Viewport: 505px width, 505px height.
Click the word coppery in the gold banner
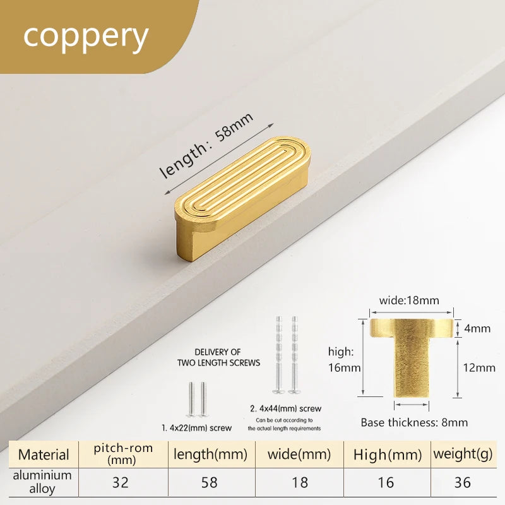click(x=86, y=37)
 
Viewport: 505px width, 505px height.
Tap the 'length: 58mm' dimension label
click(x=206, y=146)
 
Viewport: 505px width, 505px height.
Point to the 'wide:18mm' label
click(x=409, y=300)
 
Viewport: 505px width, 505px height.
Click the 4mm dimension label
click(x=477, y=328)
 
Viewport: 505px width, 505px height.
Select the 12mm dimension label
click(x=479, y=367)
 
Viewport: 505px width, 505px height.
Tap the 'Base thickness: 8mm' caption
click(x=414, y=422)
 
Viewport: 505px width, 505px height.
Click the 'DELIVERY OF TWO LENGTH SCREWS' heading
click(x=218, y=357)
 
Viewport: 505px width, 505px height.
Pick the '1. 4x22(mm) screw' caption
click(x=196, y=428)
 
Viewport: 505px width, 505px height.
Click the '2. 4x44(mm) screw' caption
click(x=286, y=408)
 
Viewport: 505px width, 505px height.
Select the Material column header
click(x=44, y=454)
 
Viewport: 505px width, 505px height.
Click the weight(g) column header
click(x=463, y=454)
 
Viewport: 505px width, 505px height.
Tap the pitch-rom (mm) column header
click(x=123, y=454)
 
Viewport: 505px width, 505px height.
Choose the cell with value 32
click(x=121, y=482)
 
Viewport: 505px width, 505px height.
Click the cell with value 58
click(x=210, y=482)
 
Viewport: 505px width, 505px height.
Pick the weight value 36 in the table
click(x=463, y=482)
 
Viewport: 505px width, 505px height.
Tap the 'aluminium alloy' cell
click(x=42, y=482)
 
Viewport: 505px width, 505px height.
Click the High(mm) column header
click(x=388, y=454)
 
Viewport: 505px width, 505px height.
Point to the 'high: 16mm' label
click(x=344, y=359)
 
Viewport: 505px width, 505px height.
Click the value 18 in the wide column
click(x=299, y=482)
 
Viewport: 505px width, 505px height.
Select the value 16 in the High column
click(x=386, y=482)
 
